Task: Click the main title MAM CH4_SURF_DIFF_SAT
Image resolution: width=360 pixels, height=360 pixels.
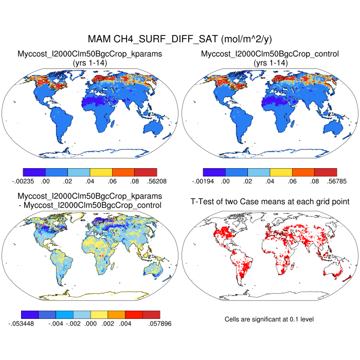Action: pyautogui.click(x=180, y=39)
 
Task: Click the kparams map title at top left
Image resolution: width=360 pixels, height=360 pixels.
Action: pyautogui.click(x=90, y=53)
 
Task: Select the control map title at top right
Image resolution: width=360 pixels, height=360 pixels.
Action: pyautogui.click(x=269, y=53)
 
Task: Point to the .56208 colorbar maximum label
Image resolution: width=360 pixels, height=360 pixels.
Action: pyautogui.click(x=157, y=181)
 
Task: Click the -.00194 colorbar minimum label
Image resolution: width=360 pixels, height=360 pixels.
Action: pyautogui.click(x=203, y=181)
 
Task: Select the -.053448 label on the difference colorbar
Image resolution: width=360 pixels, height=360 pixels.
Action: pyautogui.click(x=22, y=324)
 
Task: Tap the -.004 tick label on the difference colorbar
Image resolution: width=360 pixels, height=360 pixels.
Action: pyautogui.click(x=56, y=324)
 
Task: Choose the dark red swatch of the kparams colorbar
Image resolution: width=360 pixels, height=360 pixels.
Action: pyautogui.click(x=146, y=172)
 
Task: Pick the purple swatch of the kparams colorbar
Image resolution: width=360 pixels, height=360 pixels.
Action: pyautogui.click(x=34, y=172)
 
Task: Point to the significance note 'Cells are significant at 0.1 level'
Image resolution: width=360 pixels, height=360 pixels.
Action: pyautogui.click(x=269, y=319)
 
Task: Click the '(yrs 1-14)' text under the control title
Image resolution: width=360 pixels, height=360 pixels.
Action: pyautogui.click(x=269, y=63)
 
